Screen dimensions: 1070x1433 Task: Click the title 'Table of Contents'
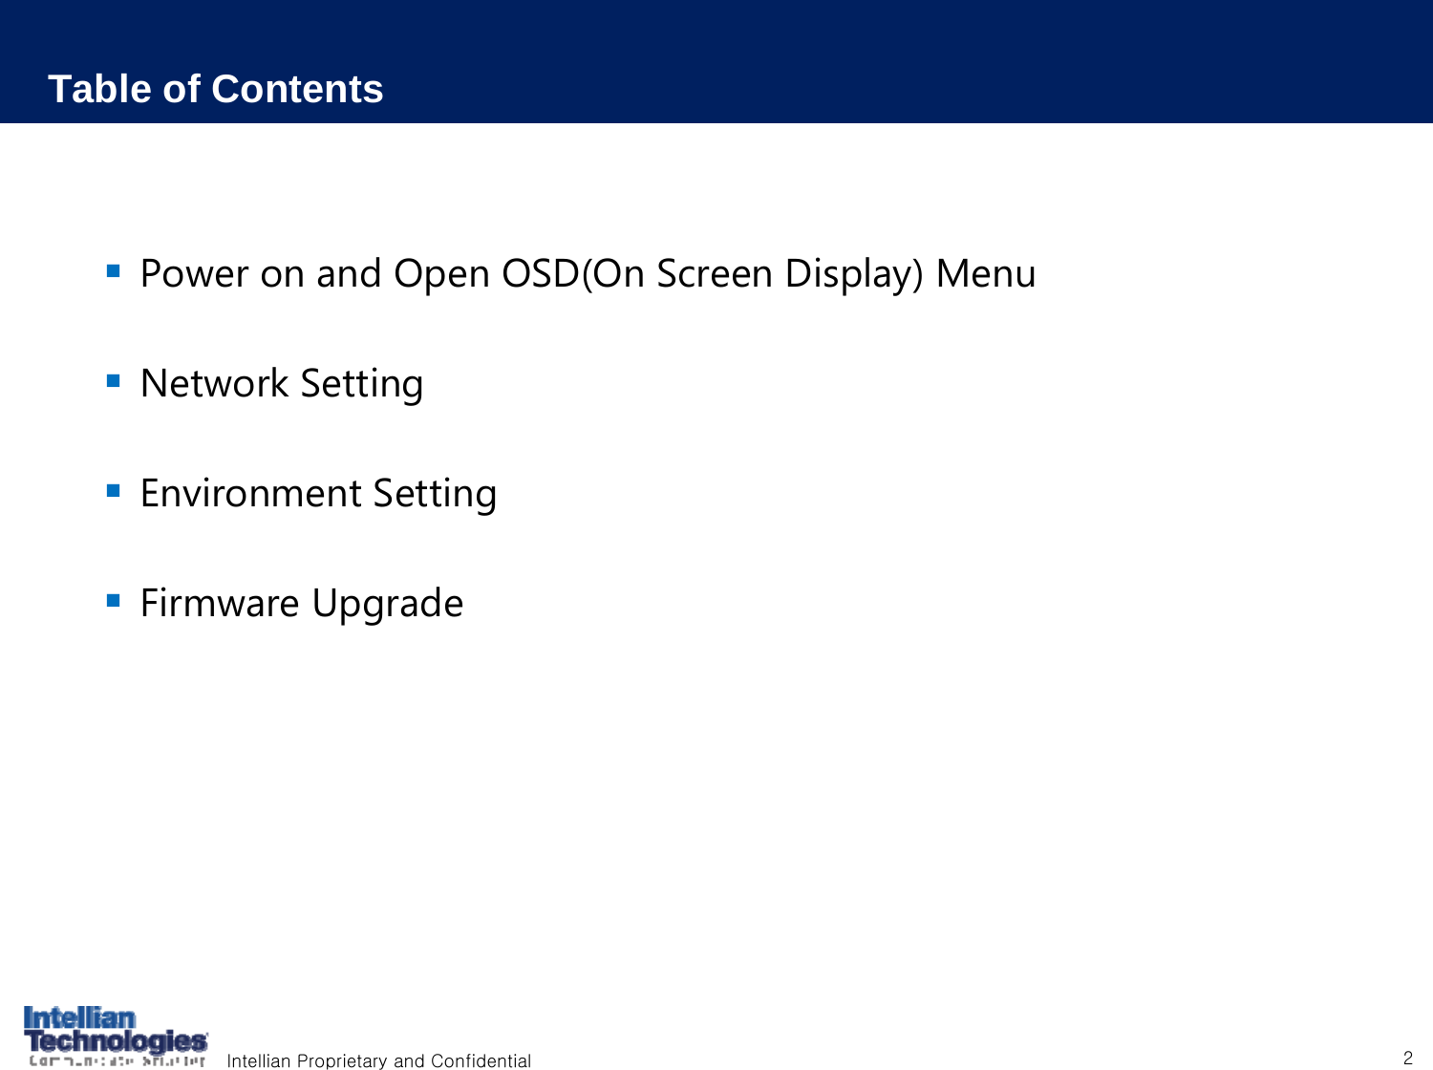[x=215, y=89]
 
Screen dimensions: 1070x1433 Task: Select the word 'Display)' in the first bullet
[x=854, y=274]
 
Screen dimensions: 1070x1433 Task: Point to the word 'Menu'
[x=985, y=274]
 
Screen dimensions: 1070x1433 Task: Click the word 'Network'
[x=214, y=384]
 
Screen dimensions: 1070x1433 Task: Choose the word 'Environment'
[x=250, y=494]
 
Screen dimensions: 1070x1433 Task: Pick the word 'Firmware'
[x=220, y=604]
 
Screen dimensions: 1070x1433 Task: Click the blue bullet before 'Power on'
[x=114, y=271]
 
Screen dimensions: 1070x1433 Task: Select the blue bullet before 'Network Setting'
[x=114, y=381]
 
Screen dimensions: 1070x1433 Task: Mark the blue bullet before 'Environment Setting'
[x=114, y=491]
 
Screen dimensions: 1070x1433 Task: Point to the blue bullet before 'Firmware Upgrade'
[x=114, y=601]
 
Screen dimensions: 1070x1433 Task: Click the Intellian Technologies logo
[x=115, y=1036]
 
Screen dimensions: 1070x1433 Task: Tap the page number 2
[x=1407, y=1058]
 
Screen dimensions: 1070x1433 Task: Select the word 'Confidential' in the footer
[x=481, y=1060]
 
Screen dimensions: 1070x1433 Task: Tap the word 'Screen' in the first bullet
[x=715, y=274]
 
